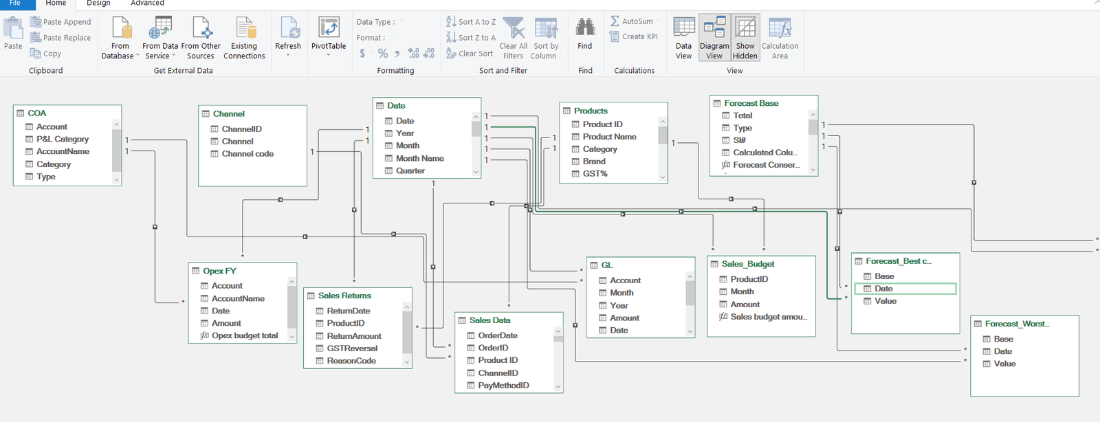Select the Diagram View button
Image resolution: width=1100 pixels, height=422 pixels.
coord(714,38)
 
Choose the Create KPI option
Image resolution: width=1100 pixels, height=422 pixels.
coord(639,36)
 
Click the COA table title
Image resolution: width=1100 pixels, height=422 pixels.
coord(37,113)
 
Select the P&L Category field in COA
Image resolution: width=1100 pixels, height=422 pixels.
coord(63,139)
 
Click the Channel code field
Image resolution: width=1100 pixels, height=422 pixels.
coord(247,154)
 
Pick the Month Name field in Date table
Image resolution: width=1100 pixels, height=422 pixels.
coord(419,158)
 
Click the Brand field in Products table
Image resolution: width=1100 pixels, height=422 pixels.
coord(594,162)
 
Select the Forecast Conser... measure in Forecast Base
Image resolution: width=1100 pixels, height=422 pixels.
coord(766,165)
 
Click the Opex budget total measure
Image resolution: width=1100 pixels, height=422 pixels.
coord(245,335)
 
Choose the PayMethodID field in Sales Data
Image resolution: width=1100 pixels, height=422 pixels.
coord(503,386)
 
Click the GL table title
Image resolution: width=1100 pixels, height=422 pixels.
coord(606,265)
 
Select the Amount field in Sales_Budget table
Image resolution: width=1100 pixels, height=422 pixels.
coord(745,304)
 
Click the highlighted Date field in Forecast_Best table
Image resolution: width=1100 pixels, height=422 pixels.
coord(883,289)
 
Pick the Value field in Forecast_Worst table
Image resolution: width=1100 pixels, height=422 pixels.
coord(1004,364)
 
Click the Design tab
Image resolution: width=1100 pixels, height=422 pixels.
coord(98,3)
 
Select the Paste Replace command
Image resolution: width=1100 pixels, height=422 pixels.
coord(67,38)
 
